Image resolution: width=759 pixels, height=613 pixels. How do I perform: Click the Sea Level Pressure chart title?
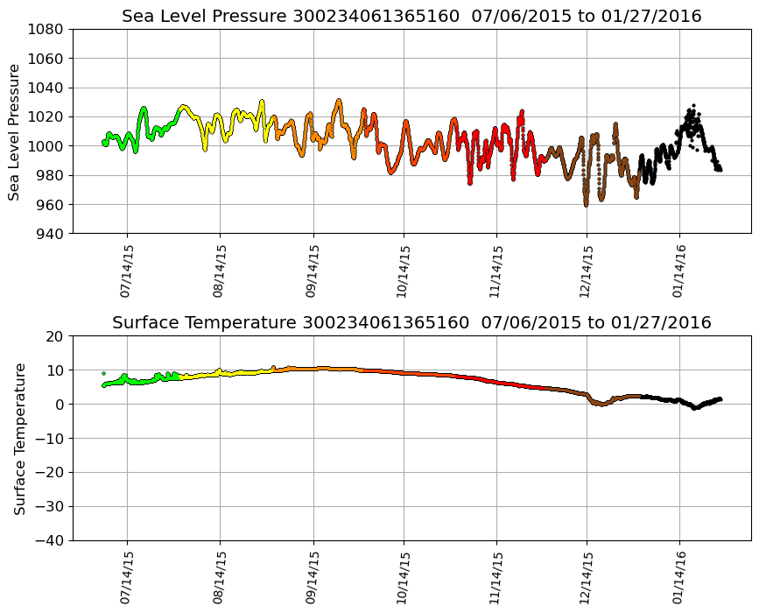tap(411, 17)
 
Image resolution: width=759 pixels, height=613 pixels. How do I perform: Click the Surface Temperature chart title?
tap(411, 323)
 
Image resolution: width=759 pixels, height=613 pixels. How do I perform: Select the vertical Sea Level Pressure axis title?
tap(15, 131)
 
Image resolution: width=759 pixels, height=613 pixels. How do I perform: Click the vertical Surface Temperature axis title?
tap(19, 438)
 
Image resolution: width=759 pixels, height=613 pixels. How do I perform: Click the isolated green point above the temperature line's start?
tap(103, 373)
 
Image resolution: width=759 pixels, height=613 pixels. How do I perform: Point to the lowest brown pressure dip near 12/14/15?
tap(586, 204)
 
